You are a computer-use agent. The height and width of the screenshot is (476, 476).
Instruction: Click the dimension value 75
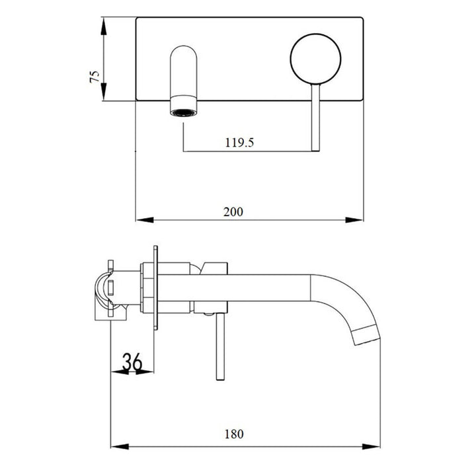pyautogui.click(x=95, y=75)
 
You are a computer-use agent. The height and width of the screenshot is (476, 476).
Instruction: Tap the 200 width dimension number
pyautogui.click(x=233, y=212)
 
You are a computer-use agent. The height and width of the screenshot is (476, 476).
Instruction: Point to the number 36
pyautogui.click(x=132, y=362)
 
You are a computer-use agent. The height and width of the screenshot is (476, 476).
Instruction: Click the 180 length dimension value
pyautogui.click(x=233, y=434)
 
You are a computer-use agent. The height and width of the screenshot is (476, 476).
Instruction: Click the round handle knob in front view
pyautogui.click(x=315, y=60)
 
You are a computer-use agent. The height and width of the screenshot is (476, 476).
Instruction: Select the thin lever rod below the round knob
pyautogui.click(x=315, y=119)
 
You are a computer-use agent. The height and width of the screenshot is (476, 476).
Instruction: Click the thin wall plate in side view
pyautogui.click(x=157, y=292)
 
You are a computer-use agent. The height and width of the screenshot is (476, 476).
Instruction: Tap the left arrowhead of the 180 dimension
pyautogui.click(x=116, y=444)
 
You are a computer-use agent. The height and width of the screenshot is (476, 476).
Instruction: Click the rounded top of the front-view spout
pyautogui.click(x=184, y=52)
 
